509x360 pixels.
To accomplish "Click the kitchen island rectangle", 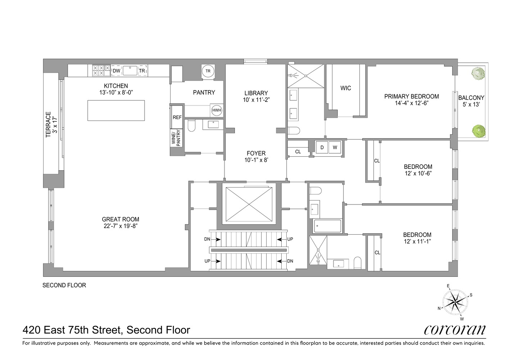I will [x=116, y=111].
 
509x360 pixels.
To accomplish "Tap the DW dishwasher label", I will [x=117, y=71].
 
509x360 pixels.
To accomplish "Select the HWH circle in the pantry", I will [x=217, y=110].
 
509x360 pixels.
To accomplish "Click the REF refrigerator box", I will [x=177, y=117].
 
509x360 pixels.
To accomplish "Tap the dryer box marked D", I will [x=322, y=147].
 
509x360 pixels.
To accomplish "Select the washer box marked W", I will [x=335, y=147].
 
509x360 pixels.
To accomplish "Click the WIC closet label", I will [x=345, y=88].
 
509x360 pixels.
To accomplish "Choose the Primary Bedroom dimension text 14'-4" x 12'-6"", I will [x=412, y=103].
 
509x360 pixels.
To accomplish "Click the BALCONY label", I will [x=471, y=98].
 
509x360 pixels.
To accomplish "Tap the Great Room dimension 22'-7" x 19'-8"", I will [x=120, y=226].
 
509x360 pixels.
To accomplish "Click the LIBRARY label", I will [x=256, y=93].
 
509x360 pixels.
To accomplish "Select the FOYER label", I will [x=256, y=153].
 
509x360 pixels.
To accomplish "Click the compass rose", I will [x=455, y=302].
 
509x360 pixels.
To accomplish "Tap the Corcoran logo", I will [x=455, y=330].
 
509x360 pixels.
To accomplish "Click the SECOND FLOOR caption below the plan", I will [x=64, y=285].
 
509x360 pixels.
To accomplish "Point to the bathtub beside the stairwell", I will [x=328, y=226].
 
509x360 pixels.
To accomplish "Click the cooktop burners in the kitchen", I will [x=101, y=71].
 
